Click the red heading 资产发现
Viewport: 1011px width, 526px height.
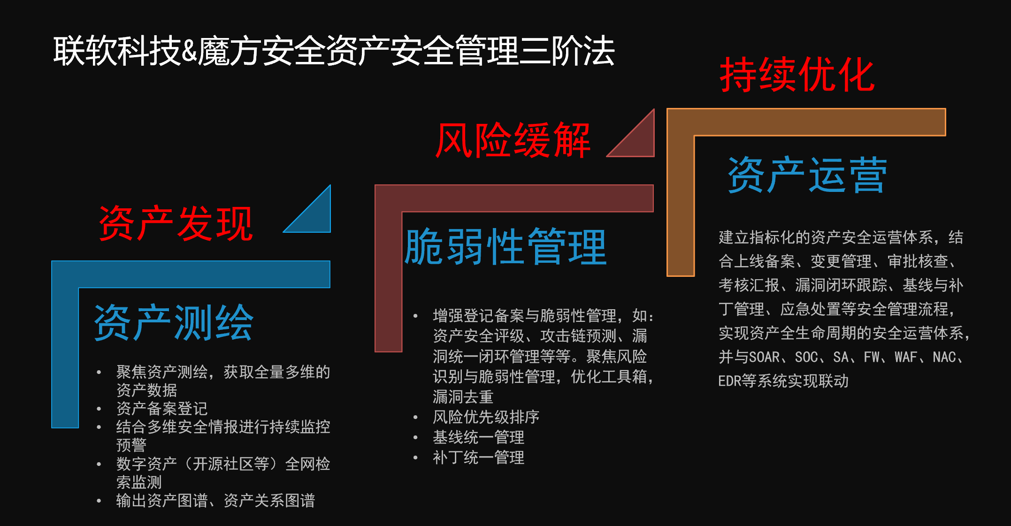pos(176,223)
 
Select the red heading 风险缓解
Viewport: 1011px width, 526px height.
pos(513,140)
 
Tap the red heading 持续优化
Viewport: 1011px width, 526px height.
pos(797,75)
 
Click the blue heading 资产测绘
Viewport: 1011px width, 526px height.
pos(174,322)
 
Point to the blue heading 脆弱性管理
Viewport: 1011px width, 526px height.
pos(505,247)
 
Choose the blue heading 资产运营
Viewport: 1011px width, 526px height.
pos(807,175)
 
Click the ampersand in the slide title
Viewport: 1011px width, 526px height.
pos(189,51)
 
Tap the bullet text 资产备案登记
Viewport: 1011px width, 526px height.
pos(162,408)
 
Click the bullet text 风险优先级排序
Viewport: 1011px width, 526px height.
pos(486,417)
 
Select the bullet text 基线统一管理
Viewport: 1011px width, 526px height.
pos(478,437)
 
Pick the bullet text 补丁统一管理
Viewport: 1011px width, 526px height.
pos(478,457)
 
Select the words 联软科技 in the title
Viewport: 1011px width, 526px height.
pos(117,51)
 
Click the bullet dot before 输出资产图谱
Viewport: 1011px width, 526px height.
pos(99,501)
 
